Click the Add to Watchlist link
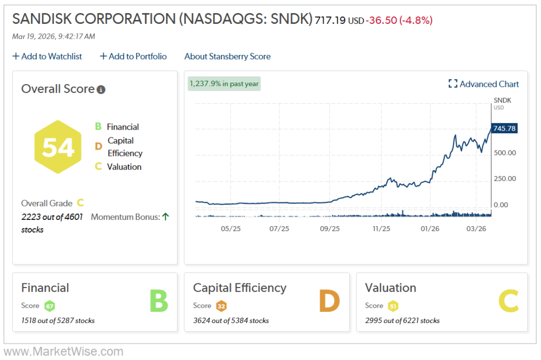(x=48, y=56)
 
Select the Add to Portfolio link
(x=133, y=56)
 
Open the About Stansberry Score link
(x=227, y=56)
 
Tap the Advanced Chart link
(x=484, y=84)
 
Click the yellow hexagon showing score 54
(x=58, y=147)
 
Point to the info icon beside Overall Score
(x=101, y=89)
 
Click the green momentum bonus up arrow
(x=165, y=217)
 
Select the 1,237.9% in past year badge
(x=224, y=84)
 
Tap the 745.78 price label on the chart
(x=503, y=128)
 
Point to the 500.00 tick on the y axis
(x=504, y=153)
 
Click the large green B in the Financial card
(x=158, y=301)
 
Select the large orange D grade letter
(x=329, y=301)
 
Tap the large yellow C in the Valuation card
(x=510, y=301)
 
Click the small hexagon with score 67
(x=50, y=306)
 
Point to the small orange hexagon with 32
(x=221, y=306)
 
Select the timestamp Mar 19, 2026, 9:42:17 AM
(x=53, y=36)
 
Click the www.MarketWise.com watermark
(x=63, y=352)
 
